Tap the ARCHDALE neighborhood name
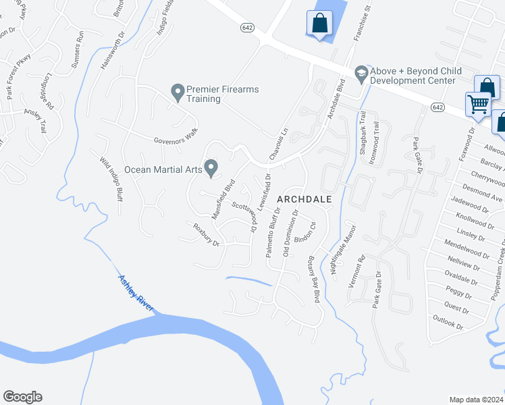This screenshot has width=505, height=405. click(304, 199)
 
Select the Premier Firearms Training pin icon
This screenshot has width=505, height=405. click(178, 92)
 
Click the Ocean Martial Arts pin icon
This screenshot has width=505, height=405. click(211, 167)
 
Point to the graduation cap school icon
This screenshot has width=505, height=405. click(361, 74)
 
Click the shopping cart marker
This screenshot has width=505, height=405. click(478, 105)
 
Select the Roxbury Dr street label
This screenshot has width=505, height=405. click(207, 234)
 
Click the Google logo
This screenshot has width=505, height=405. click(22, 397)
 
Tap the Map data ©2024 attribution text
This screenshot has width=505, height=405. click(477, 400)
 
